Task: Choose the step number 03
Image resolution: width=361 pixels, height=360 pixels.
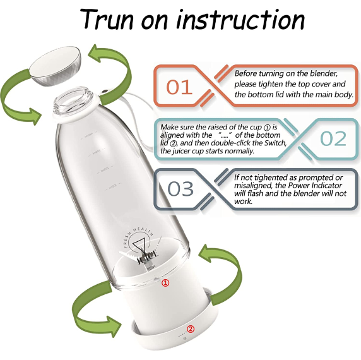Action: click(x=180, y=188)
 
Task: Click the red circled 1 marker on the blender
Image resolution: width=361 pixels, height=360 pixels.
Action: click(x=166, y=283)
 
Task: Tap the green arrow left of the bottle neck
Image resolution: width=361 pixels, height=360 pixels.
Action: click(x=23, y=95)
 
